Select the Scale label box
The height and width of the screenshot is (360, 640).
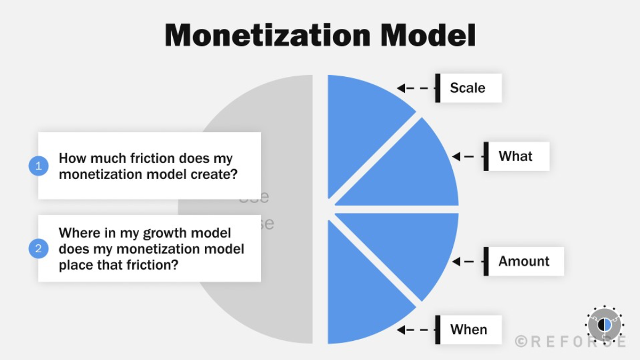point(468,88)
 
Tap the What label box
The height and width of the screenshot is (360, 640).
point(516,156)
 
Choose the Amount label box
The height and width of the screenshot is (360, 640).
point(524,261)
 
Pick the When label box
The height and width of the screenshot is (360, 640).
point(468,330)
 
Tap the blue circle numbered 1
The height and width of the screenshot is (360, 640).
point(38,166)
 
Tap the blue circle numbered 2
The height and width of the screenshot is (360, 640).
point(38,249)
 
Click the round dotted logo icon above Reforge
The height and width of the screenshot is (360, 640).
point(604,324)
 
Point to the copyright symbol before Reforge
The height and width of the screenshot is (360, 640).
point(521,341)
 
